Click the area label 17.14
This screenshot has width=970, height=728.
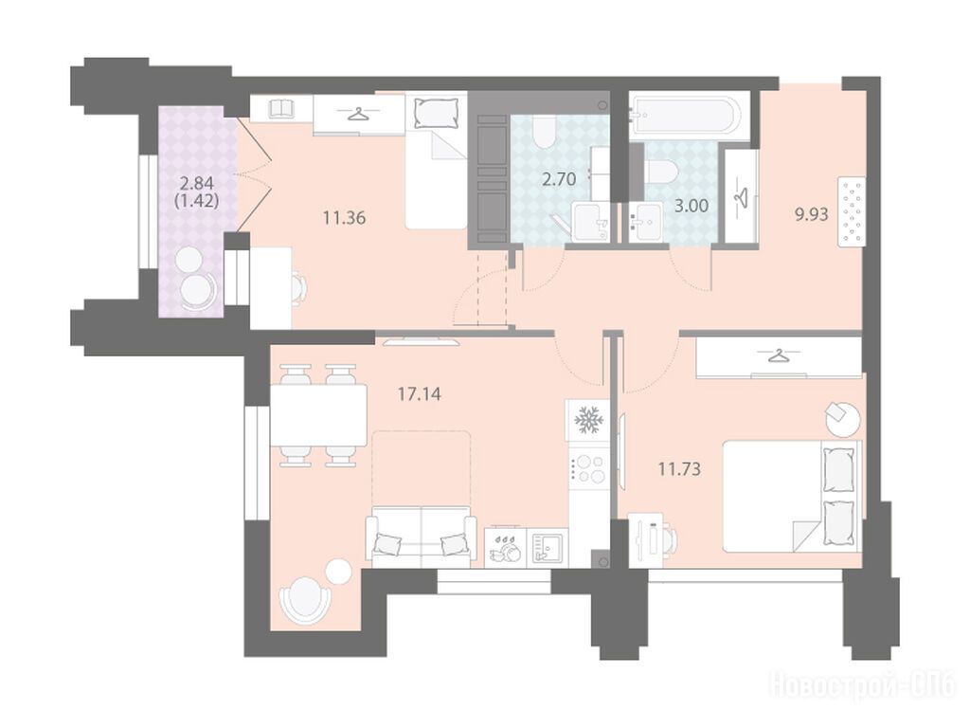[420, 393]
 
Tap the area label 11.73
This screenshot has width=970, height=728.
[679, 469]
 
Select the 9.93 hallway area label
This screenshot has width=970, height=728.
[811, 215]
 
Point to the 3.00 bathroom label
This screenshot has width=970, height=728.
[691, 206]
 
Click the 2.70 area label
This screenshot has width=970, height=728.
[559, 179]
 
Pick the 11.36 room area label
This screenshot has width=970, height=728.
[345, 218]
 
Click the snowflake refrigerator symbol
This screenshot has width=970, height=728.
[587, 421]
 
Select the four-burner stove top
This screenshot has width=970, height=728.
[589, 468]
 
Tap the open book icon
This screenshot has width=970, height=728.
[282, 109]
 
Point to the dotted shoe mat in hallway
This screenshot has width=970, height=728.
[852, 212]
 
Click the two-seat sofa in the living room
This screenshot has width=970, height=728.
[421, 537]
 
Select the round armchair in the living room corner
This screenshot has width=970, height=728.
[304, 599]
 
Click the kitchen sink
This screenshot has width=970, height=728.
[550, 547]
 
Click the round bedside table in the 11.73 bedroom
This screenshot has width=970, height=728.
[842, 419]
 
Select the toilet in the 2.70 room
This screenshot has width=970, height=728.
[544, 133]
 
